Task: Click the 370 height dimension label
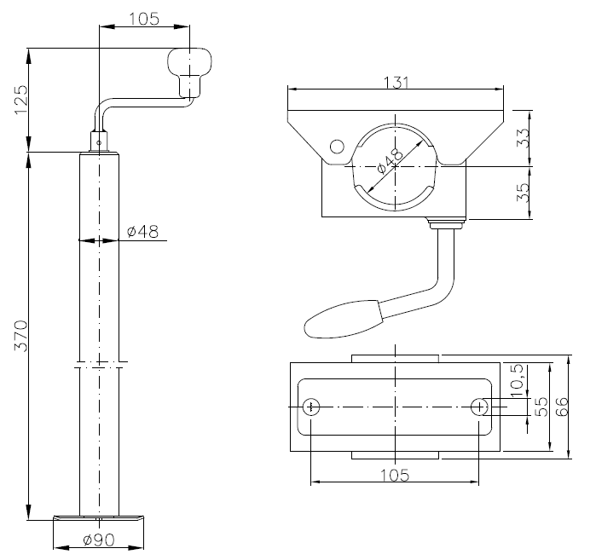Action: pos(22,336)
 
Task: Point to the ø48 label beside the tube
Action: pos(141,231)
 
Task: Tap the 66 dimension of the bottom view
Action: pos(562,407)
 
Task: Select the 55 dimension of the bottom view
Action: pos(539,407)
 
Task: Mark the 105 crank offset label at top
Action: pos(145,20)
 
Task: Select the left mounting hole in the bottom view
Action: pos(312,407)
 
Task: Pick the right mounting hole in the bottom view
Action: pos(481,407)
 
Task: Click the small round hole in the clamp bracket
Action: pos(337,146)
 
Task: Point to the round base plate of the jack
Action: pos(101,517)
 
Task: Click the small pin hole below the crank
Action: pos(100,142)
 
